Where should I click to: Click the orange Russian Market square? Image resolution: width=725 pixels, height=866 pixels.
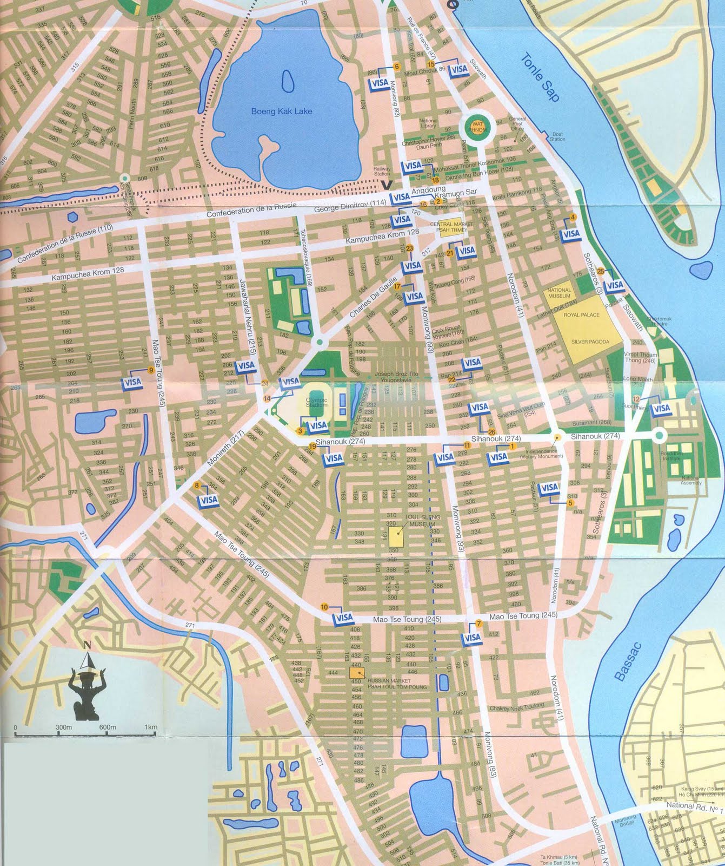(x=356, y=672)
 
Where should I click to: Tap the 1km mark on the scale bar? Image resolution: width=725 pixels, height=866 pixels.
(x=151, y=727)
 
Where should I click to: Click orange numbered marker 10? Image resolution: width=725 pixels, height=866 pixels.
(x=324, y=607)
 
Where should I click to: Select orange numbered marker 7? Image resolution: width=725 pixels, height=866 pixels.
(x=479, y=624)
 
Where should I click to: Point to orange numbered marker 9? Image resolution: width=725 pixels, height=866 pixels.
(x=151, y=370)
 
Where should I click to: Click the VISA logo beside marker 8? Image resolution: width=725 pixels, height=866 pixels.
(x=208, y=500)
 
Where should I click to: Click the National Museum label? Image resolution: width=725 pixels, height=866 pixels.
(x=559, y=293)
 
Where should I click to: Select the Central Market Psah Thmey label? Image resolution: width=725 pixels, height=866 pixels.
(x=451, y=226)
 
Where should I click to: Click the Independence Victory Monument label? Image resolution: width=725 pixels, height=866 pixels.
(x=541, y=454)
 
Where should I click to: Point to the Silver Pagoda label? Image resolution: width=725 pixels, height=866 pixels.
(x=590, y=342)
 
